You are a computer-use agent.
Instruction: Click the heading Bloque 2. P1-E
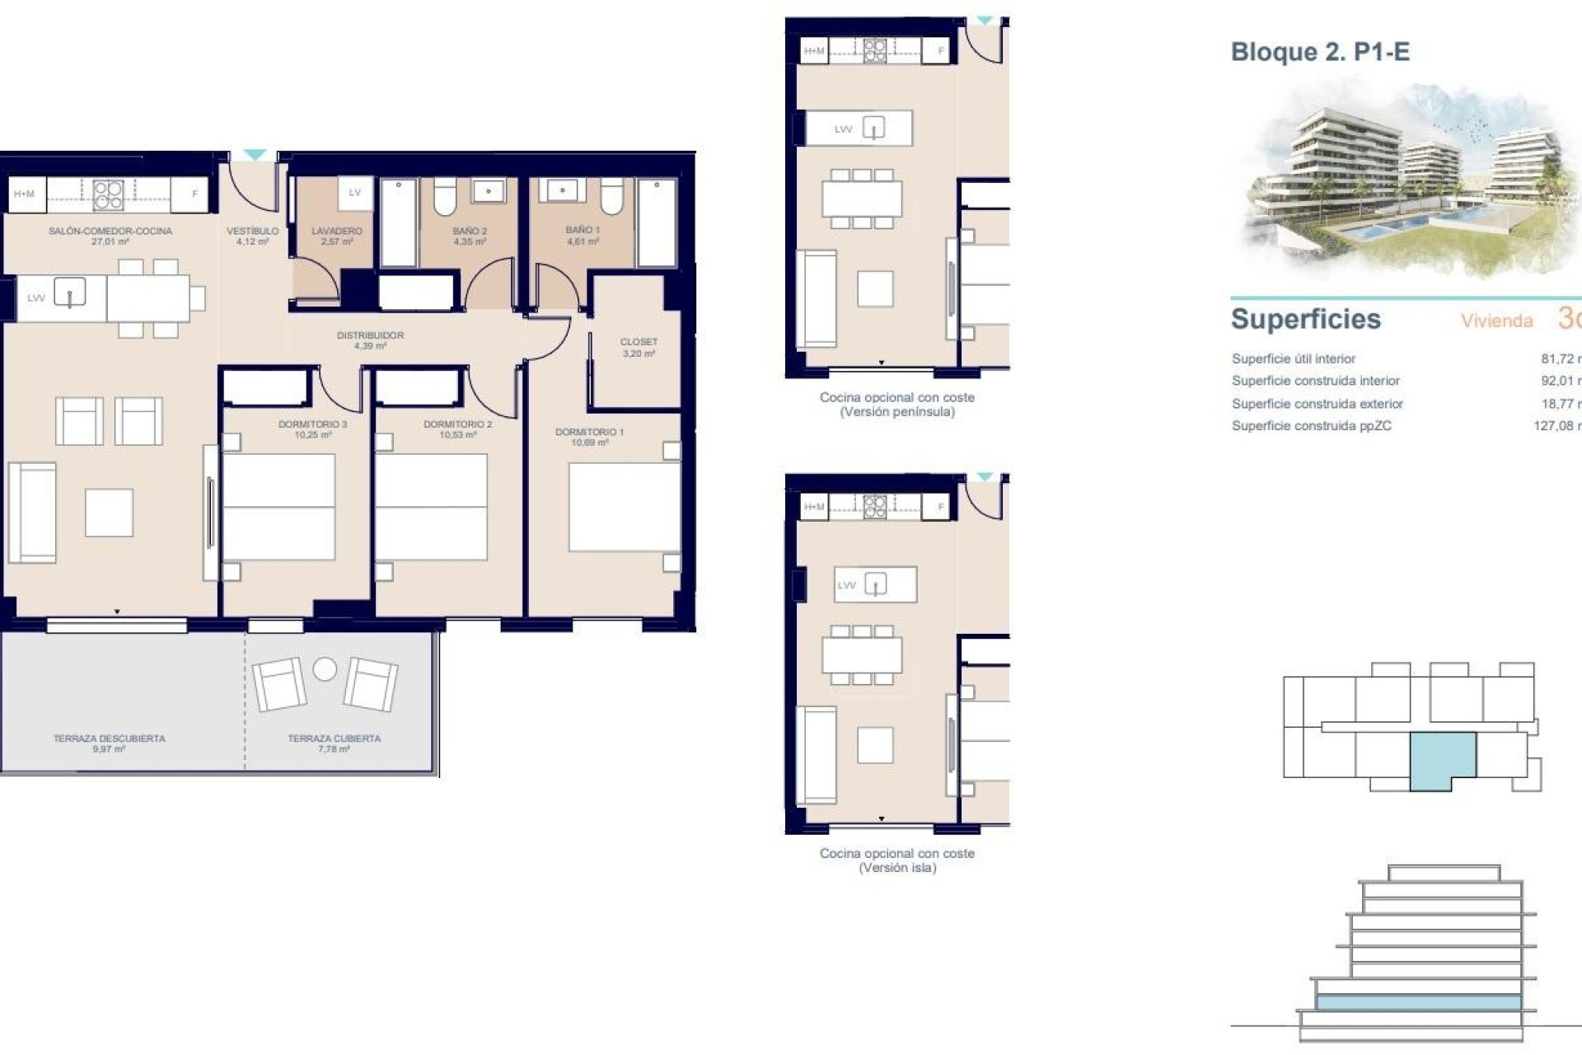tap(1320, 52)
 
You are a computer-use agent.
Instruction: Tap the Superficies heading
tap(1305, 319)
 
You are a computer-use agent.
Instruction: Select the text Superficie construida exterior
tap(1317, 404)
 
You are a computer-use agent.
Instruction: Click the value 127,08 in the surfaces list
tap(1554, 426)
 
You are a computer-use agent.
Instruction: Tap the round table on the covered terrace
tap(325, 668)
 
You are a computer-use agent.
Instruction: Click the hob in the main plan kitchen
tap(108, 195)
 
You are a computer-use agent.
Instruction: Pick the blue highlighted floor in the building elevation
tap(1417, 1002)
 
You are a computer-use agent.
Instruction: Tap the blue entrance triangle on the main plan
tap(255, 155)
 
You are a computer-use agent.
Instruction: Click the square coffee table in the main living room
tap(109, 513)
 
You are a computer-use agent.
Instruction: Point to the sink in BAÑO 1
tap(562, 191)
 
